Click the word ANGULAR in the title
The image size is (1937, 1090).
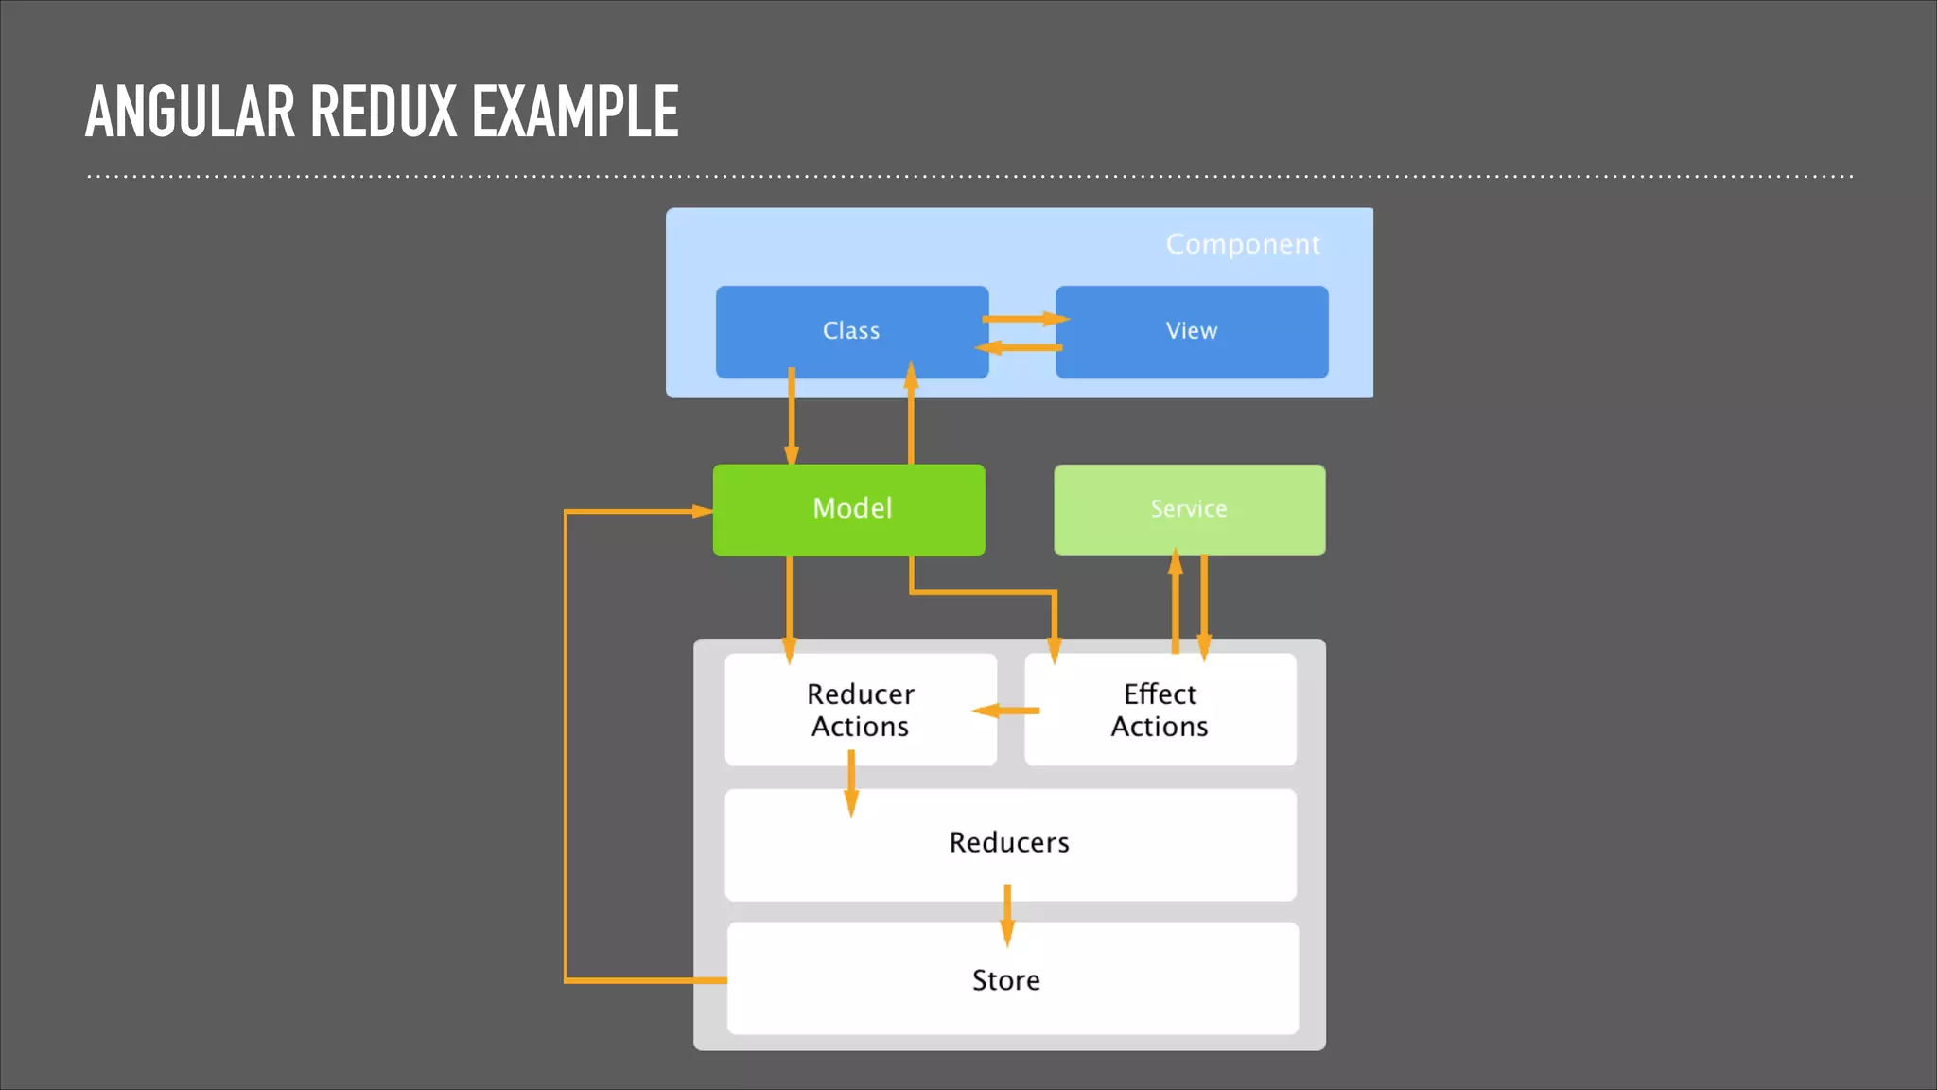tap(189, 112)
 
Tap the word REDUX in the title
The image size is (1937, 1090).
tap(383, 112)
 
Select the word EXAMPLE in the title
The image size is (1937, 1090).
tap(574, 112)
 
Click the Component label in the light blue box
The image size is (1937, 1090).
tap(1242, 244)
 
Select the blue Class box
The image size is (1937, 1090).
tap(851, 331)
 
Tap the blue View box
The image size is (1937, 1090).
tap(1192, 331)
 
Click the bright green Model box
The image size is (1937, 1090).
tap(849, 509)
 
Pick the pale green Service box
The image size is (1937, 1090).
tap(1189, 509)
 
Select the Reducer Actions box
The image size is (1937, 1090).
tap(860, 710)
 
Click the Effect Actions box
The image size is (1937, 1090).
tap(1160, 710)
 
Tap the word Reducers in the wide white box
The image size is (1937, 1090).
tap(1008, 842)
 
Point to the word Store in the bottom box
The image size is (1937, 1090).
tap(1005, 980)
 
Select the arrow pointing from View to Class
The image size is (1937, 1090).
tap(1020, 348)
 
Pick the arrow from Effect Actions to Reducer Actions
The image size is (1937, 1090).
tap(1006, 710)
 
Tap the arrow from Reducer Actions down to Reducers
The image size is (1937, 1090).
tap(851, 782)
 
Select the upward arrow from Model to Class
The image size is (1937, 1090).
tap(911, 416)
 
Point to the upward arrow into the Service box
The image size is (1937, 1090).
tap(1176, 601)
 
